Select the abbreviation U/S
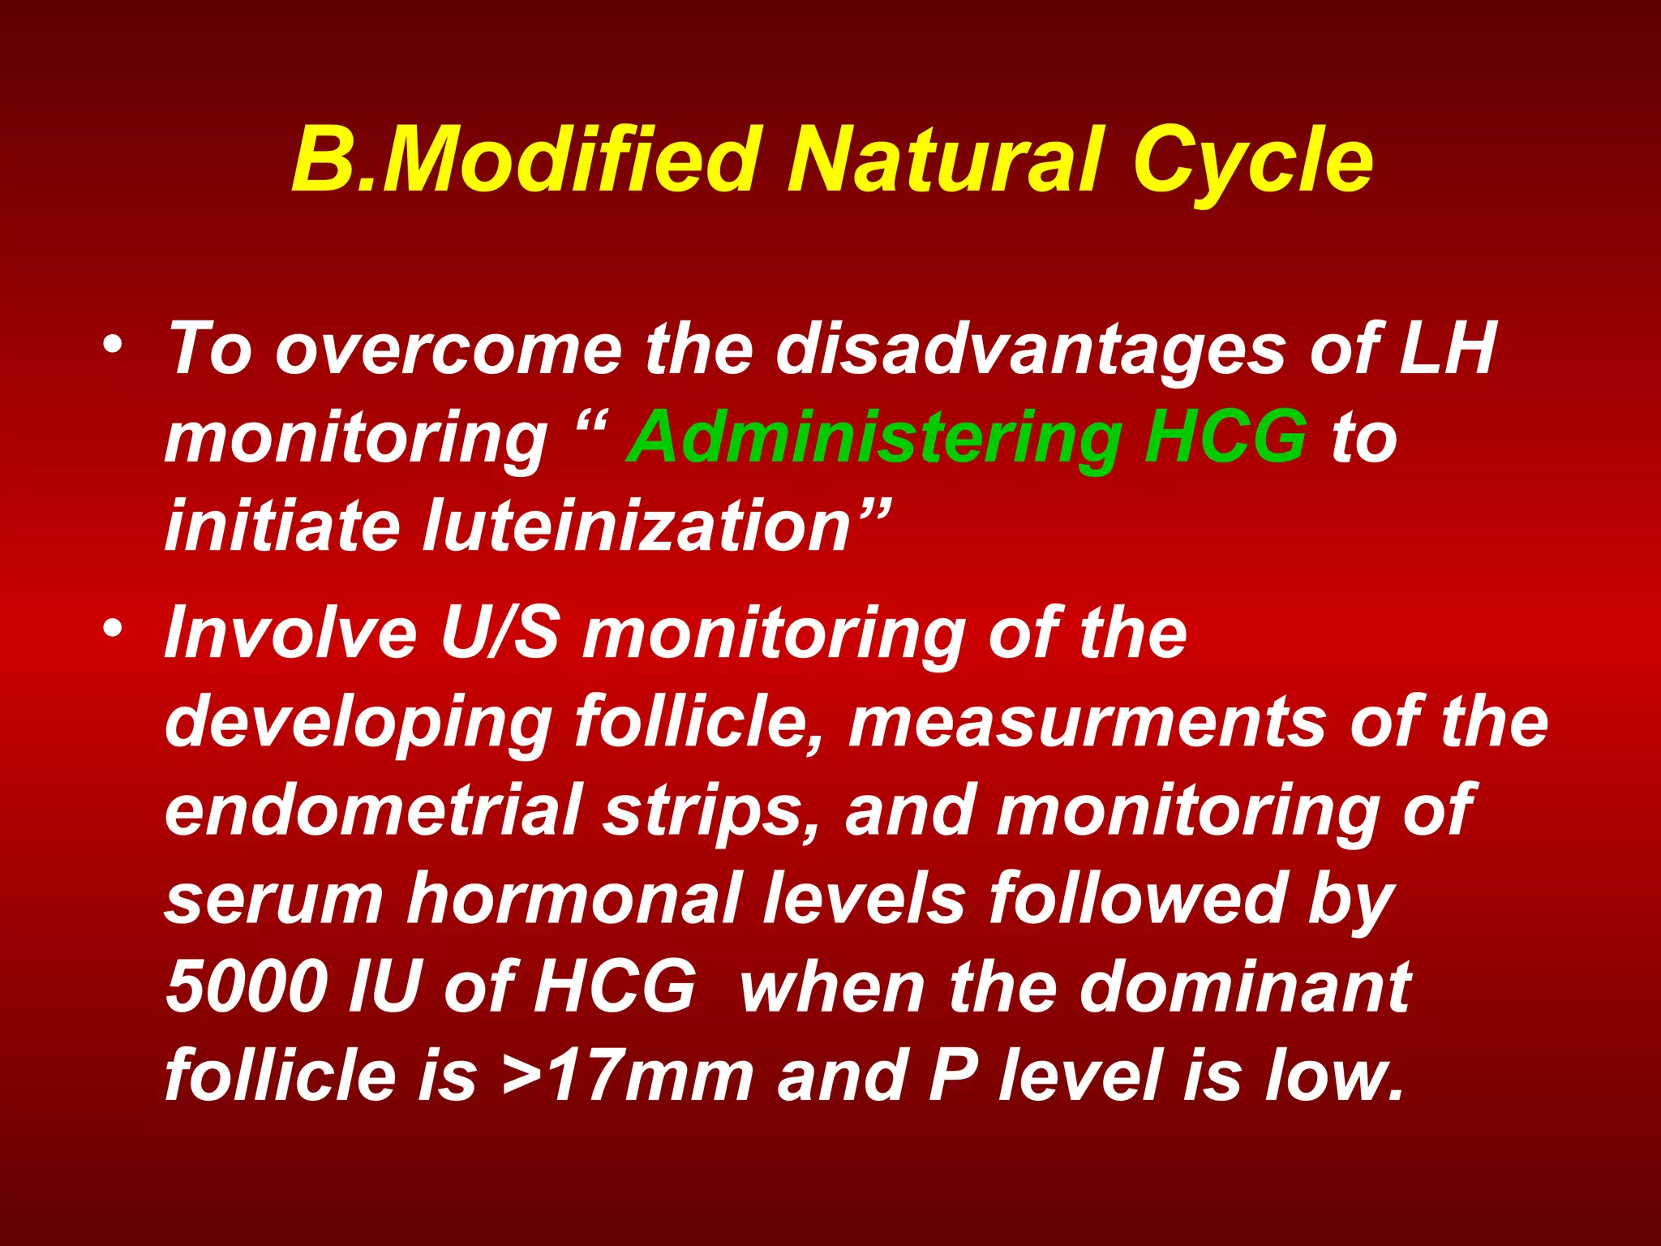pyautogui.click(x=500, y=634)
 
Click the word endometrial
pyautogui.click(x=374, y=810)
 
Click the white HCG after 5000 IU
pyautogui.click(x=614, y=987)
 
